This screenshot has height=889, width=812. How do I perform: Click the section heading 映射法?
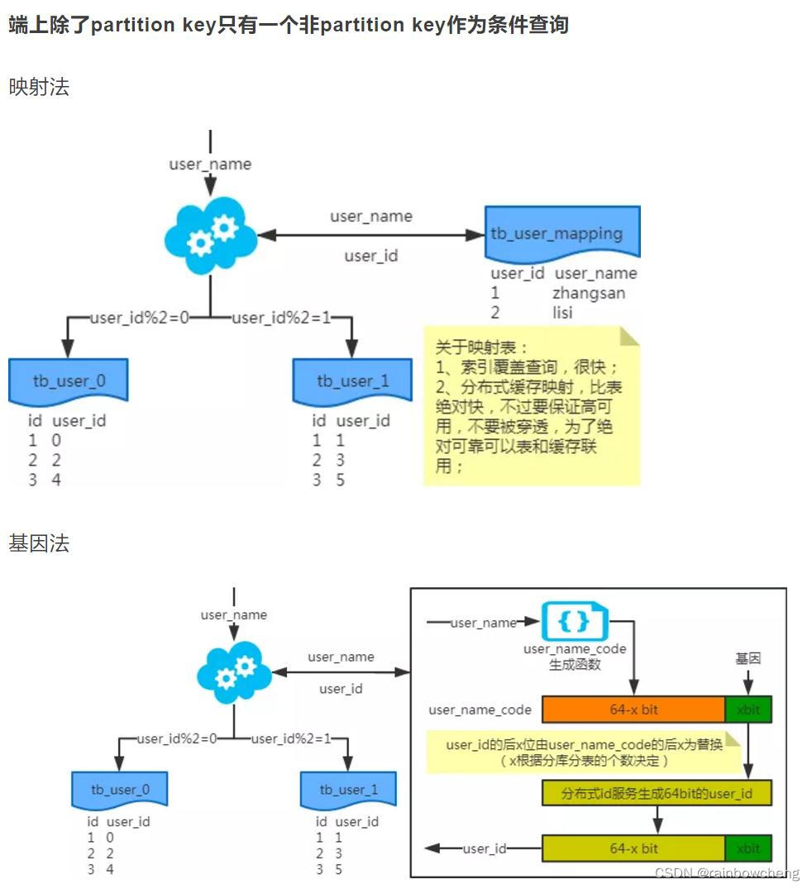click(x=39, y=87)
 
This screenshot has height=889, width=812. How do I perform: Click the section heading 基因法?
click(x=39, y=543)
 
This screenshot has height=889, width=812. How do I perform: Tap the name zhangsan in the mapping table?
click(x=589, y=293)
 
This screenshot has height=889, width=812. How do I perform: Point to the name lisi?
click(x=562, y=313)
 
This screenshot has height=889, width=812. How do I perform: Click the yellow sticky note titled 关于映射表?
click(x=531, y=405)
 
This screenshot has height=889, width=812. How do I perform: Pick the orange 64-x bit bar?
click(x=633, y=710)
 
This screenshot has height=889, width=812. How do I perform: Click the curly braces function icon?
click(x=574, y=621)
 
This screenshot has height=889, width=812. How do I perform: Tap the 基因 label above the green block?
click(x=748, y=658)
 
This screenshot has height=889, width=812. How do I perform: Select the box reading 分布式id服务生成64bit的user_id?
click(x=657, y=794)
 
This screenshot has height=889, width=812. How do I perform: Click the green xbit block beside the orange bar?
click(x=748, y=710)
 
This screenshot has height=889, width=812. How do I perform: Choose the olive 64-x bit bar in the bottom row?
click(x=633, y=848)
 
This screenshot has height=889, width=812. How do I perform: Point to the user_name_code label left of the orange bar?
click(x=480, y=710)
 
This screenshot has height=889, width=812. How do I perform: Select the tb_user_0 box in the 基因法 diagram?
click(x=120, y=790)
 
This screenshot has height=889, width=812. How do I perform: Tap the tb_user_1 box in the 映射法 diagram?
click(x=352, y=380)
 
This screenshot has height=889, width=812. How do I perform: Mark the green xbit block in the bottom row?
click(x=748, y=848)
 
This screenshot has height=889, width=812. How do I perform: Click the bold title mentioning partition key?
click(x=289, y=25)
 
